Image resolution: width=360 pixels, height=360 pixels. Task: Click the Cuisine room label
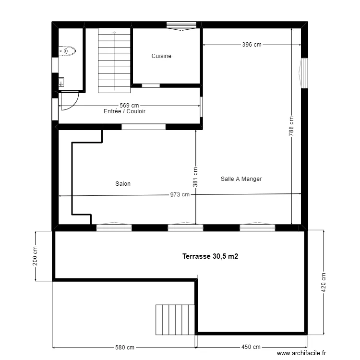point(161,56)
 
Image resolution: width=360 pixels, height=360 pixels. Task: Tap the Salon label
point(123,184)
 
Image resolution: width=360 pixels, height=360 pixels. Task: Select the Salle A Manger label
point(241,179)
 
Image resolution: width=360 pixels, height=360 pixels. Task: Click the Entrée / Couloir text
point(124,111)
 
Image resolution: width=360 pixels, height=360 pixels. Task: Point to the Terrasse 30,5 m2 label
point(210,257)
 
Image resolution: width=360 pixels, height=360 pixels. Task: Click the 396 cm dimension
point(252,45)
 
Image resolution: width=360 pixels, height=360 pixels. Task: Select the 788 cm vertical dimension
point(291,126)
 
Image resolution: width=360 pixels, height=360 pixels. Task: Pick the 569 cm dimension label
point(129,106)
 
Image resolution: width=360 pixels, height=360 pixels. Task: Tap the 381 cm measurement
point(195,177)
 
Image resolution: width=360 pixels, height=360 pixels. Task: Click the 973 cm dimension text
point(180,194)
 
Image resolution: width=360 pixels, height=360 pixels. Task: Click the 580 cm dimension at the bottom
point(124,347)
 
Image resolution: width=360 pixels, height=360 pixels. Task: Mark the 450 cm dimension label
point(251,347)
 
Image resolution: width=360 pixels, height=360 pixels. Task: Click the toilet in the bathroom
point(68,49)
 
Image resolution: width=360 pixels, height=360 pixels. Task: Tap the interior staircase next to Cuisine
point(114,60)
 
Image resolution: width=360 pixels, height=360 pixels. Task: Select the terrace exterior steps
point(175,319)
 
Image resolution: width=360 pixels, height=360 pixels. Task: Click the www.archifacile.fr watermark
point(302,353)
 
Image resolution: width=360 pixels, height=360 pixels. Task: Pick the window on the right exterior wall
point(303,73)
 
